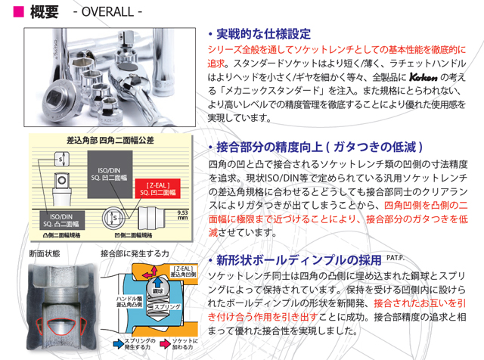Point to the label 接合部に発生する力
(x=135, y=252)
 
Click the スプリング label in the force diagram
(x=166, y=307)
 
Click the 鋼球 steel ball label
(x=159, y=290)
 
